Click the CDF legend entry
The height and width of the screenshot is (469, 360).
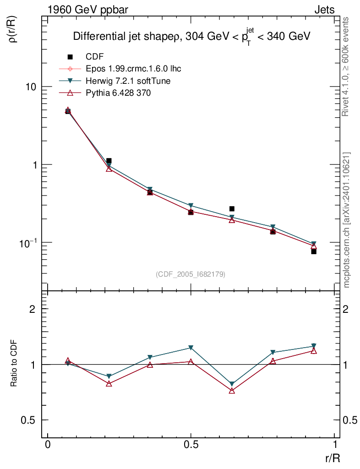tap(94, 57)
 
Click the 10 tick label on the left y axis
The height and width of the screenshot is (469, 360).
tap(30, 87)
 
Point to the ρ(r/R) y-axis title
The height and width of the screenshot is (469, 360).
tap(13, 30)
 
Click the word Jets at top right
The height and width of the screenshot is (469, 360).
tap(324, 10)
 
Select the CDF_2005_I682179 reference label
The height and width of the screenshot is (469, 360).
tap(191, 274)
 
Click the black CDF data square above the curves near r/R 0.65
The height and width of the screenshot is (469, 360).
tap(232, 209)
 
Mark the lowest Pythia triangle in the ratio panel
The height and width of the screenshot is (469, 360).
tap(232, 391)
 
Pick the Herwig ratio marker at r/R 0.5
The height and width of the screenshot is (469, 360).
tap(191, 348)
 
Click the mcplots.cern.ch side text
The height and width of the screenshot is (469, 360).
tap(347, 220)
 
